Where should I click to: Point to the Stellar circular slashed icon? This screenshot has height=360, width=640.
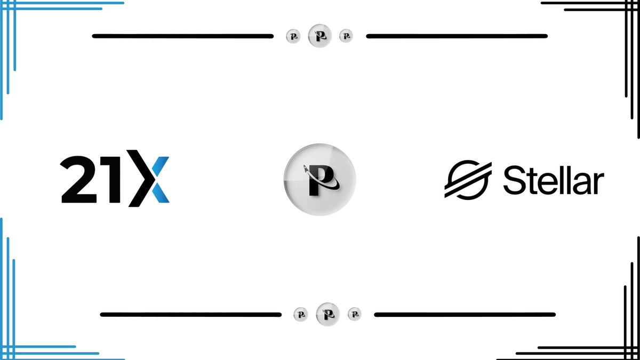pyautogui.click(x=467, y=179)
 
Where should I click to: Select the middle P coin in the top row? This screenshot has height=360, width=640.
pyautogui.click(x=320, y=36)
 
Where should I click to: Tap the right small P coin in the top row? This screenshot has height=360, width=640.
pyautogui.click(x=346, y=36)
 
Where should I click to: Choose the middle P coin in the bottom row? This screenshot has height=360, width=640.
pyautogui.click(x=327, y=314)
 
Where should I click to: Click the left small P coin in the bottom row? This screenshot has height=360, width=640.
pyautogui.click(x=301, y=314)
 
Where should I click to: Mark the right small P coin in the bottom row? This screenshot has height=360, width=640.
pyautogui.click(x=354, y=314)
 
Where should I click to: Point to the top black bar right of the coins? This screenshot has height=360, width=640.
pyautogui.click(x=457, y=36)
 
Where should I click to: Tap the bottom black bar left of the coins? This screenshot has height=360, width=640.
pyautogui.click(x=190, y=315)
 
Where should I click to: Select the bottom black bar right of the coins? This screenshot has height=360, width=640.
pyautogui.click(x=465, y=315)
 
